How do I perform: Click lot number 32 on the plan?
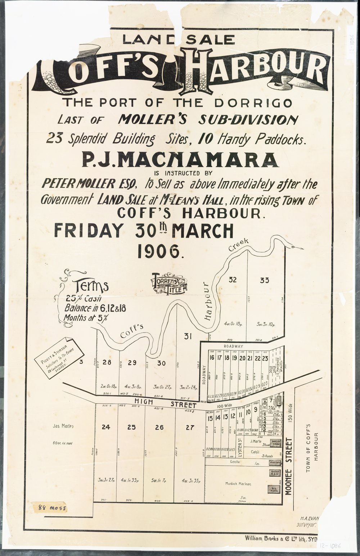tap(233, 280)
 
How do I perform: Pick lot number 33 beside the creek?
tap(265, 280)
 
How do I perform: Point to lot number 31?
tap(188, 336)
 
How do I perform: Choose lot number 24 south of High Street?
tap(105, 428)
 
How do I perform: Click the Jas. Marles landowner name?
tap(63, 426)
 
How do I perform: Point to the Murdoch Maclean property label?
tap(238, 484)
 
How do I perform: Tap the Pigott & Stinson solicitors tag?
tap(60, 363)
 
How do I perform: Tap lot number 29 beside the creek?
tap(132, 363)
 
